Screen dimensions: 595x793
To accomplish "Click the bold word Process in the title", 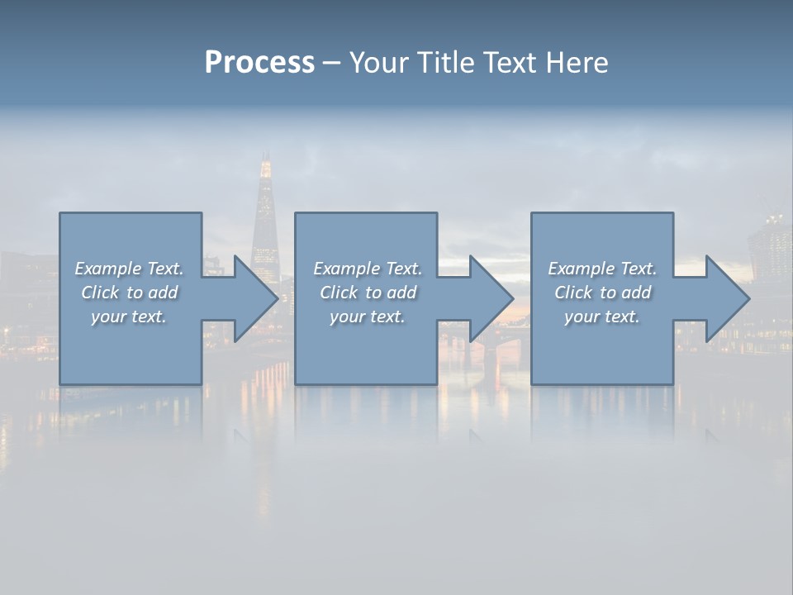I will [x=259, y=63].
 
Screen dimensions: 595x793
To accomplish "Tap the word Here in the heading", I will [x=578, y=63].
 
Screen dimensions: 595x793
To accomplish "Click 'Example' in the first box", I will [x=107, y=269].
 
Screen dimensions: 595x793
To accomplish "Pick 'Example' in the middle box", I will [x=346, y=269].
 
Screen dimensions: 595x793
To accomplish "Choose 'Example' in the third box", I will [x=581, y=269].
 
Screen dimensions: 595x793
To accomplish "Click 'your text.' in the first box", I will [x=129, y=317].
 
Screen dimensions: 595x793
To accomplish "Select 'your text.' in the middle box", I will [x=367, y=317].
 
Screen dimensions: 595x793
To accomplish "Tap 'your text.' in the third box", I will [x=602, y=317].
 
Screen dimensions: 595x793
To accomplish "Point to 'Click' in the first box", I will [x=100, y=293].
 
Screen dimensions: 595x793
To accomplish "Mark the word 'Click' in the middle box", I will [x=339, y=293].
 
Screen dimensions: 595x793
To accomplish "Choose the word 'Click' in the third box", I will [x=573, y=293].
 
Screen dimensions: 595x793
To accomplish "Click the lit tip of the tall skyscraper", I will [x=265, y=169].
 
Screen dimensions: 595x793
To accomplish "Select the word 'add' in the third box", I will [x=636, y=293].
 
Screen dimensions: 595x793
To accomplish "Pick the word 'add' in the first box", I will [x=163, y=293].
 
